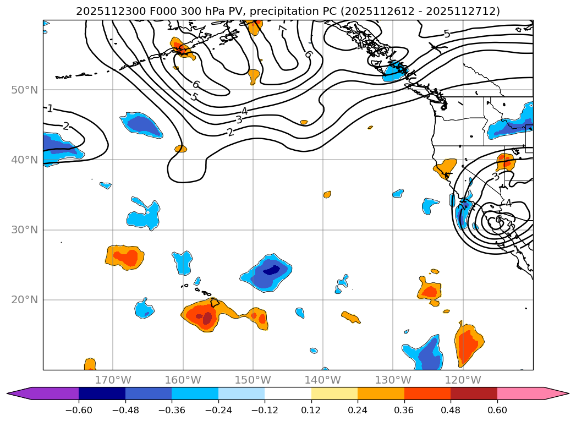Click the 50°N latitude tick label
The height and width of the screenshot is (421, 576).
(24, 90)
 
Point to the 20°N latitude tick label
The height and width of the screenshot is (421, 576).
(24, 300)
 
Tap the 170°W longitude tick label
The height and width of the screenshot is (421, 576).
(113, 380)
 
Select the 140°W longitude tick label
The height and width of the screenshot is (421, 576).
(322, 380)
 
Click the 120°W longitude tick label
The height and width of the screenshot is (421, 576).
(463, 380)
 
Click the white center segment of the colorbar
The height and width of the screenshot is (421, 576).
(288, 393)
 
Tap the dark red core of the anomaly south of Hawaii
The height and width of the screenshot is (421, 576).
(207, 318)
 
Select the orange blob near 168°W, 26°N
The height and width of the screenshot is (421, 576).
(125, 256)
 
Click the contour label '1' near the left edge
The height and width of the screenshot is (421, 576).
(50, 108)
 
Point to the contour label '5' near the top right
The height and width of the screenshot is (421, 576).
(447, 34)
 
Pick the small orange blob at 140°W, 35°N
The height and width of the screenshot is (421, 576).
(327, 194)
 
